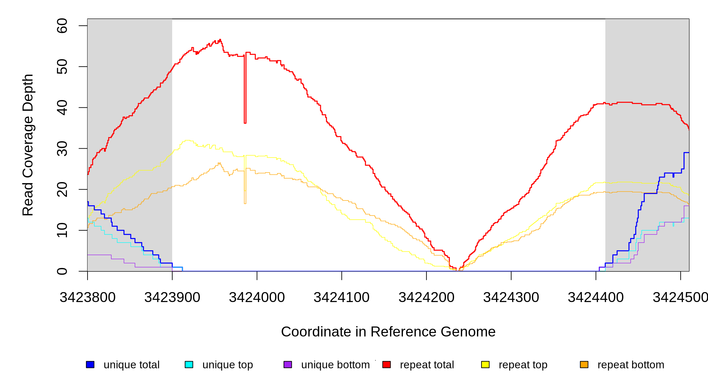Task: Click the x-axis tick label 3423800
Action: tap(88, 298)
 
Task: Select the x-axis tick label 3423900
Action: tap(172, 298)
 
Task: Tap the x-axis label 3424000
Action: tap(257, 298)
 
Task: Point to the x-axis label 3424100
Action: tap(341, 298)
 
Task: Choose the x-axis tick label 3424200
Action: tap(426, 298)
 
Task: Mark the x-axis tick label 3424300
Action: tap(511, 298)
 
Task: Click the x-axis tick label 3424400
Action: tap(596, 298)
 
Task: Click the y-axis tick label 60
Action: tap(62, 26)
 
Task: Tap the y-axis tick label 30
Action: tap(62, 148)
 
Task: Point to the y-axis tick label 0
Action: tap(62, 271)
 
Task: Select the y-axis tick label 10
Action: tap(62, 230)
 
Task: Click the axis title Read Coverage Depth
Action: tap(28, 145)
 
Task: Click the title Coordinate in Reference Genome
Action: tap(388, 332)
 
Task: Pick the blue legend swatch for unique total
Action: tap(90, 365)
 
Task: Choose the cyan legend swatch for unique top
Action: tap(189, 365)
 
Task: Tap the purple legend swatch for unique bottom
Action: tap(288, 365)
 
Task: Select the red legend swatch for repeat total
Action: tap(387, 365)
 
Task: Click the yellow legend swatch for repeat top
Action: tap(485, 365)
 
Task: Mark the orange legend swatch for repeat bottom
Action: tap(584, 365)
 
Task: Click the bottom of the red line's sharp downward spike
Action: tap(245, 123)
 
